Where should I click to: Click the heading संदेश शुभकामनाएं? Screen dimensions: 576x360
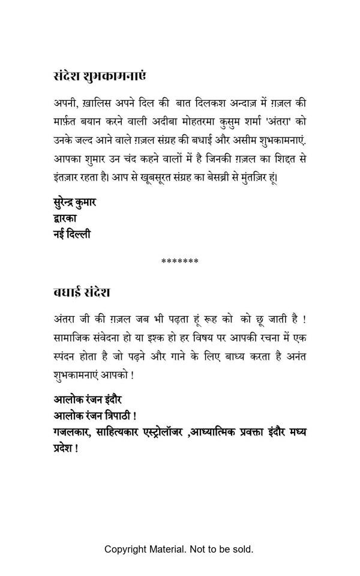pyautogui.click(x=100, y=77)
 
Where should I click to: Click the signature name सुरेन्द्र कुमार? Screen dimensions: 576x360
pyautogui.click(x=74, y=202)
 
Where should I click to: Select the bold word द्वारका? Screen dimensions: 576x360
pyautogui.click(x=65, y=218)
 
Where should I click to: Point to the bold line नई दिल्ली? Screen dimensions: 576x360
pyautogui.click(x=71, y=234)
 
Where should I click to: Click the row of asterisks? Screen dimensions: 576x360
pyautogui.click(x=180, y=262)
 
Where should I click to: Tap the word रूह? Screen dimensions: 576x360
pyautogui.click(x=214, y=320)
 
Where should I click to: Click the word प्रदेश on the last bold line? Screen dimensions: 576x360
pyautogui.click(x=63, y=448)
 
